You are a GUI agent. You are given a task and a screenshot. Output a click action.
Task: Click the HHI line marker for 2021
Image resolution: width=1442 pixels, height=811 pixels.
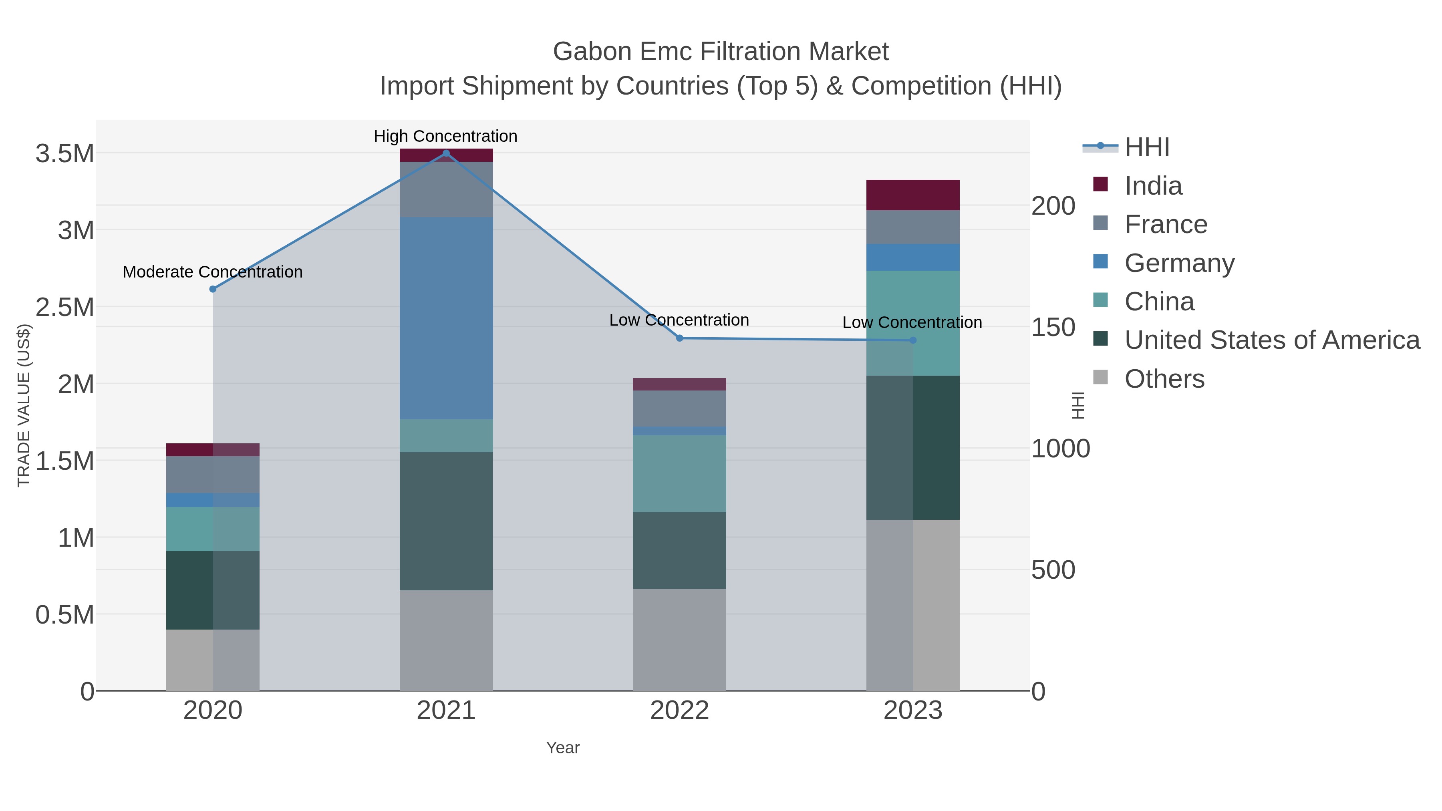(x=446, y=153)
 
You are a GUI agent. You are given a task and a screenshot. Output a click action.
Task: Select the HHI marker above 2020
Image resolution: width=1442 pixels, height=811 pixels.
(x=213, y=289)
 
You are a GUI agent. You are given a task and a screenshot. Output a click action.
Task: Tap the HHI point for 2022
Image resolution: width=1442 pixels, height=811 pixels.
(x=680, y=338)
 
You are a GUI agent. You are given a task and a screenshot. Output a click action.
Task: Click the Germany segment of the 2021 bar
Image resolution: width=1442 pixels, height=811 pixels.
(x=446, y=318)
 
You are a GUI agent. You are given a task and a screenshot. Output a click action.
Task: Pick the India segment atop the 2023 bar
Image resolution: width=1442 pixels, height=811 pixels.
(x=913, y=195)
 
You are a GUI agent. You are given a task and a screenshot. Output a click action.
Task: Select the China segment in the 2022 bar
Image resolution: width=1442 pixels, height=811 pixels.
(x=680, y=473)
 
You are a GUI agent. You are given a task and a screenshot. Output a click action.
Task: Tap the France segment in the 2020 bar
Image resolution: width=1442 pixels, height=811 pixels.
(x=213, y=474)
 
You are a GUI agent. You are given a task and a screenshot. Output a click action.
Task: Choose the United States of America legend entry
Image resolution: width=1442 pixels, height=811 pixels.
(x=1272, y=340)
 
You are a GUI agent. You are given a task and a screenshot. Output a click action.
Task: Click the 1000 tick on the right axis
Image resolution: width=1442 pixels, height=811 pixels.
(x=1060, y=449)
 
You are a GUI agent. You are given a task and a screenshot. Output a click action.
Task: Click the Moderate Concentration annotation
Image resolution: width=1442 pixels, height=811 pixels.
(x=213, y=272)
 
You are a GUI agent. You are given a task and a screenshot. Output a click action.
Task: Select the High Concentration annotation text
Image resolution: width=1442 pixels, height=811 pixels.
(x=445, y=136)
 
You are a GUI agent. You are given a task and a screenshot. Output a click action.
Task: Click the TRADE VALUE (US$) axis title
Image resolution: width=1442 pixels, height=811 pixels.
(x=24, y=405)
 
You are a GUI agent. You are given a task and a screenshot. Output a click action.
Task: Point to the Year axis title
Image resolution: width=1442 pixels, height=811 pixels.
(x=563, y=748)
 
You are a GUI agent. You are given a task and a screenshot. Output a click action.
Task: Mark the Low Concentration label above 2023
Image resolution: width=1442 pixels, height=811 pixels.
(x=912, y=322)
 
